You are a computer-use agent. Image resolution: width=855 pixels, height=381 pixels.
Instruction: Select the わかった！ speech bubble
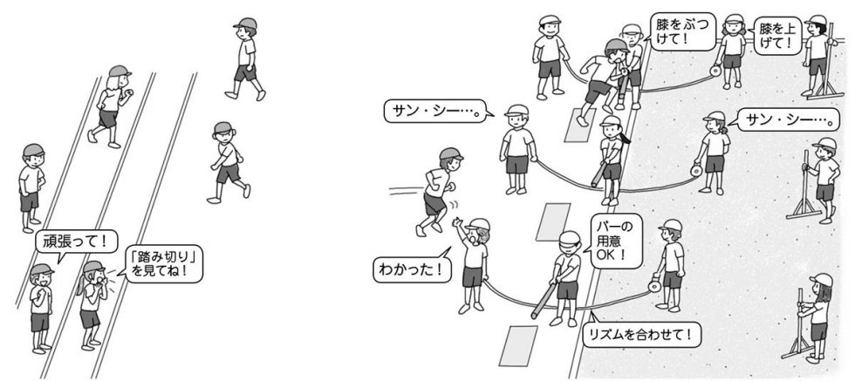point(412,269)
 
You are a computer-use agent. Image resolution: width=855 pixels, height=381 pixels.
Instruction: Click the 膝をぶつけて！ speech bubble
point(675,32)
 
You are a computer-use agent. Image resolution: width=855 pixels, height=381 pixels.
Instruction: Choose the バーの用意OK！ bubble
point(615,241)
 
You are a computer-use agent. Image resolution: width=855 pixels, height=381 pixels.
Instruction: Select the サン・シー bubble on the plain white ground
point(436,112)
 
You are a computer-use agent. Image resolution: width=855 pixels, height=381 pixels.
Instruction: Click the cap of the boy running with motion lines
point(451,153)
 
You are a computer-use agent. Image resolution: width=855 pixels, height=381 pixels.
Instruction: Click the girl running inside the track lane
point(111,106)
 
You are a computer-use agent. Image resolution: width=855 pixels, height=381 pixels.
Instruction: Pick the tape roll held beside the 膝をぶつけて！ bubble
point(715,71)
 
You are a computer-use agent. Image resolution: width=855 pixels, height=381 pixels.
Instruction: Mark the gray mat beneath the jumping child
point(580,125)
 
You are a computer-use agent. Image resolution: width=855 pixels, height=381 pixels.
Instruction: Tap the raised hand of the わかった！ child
point(456,221)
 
